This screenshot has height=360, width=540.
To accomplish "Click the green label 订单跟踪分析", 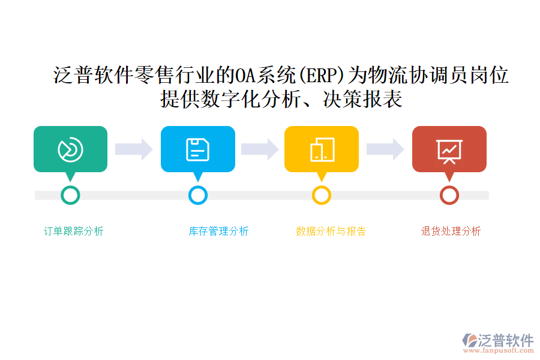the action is (73, 231).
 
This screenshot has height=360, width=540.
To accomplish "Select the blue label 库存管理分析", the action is (218, 231).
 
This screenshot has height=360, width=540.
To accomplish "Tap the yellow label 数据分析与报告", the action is (331, 231).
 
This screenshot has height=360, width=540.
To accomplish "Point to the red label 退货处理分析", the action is (451, 231).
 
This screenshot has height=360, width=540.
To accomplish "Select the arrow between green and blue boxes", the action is (134, 149).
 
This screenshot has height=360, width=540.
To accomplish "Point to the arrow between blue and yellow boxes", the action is (260, 149).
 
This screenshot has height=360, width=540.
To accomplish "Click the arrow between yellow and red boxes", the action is (385, 149).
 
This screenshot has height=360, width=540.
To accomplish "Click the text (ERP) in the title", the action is (320, 75).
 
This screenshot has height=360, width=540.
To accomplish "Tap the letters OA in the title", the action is (245, 75).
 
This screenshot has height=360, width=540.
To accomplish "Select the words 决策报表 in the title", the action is (362, 99).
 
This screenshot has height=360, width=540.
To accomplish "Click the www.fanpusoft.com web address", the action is (499, 350).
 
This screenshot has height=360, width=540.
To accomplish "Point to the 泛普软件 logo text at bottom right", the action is (506, 340).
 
